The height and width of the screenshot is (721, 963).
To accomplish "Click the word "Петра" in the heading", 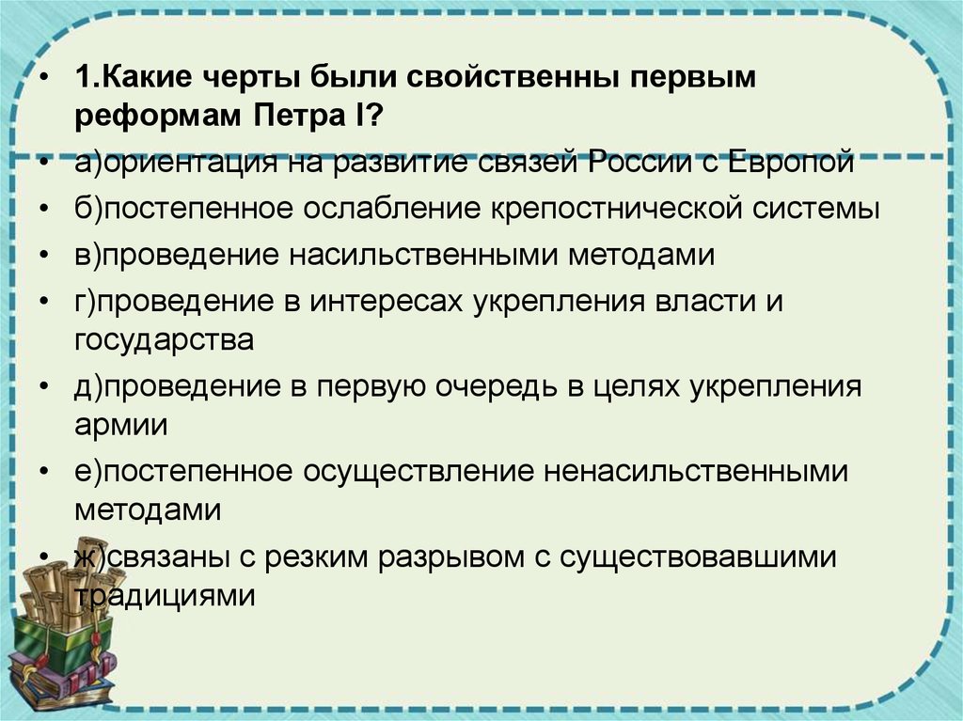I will [x=305, y=119].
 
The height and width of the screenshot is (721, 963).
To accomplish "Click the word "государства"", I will [x=164, y=339].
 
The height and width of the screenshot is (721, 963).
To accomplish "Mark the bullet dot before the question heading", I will [x=47, y=78].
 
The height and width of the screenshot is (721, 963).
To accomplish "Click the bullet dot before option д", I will [x=47, y=386].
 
